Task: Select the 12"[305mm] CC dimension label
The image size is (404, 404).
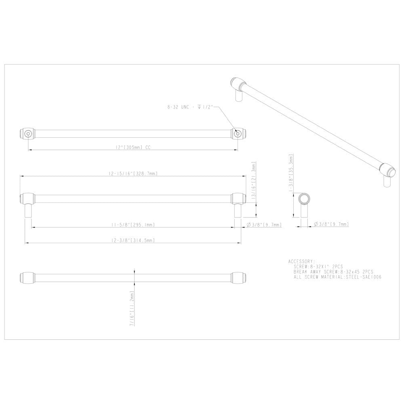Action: pos(130,148)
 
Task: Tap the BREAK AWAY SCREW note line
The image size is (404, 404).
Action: pos(334,272)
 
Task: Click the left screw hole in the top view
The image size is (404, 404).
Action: pos(28,134)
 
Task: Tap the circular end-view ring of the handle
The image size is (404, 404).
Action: pos(304,199)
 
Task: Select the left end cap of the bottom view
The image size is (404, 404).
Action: pos(27,278)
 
